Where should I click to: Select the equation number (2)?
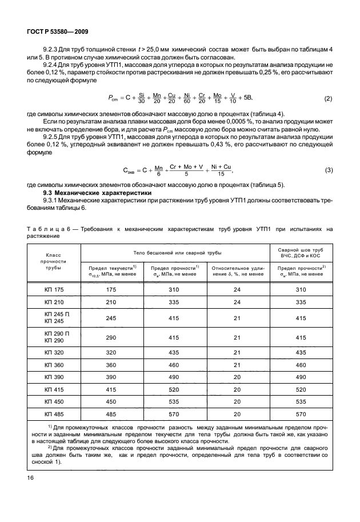pos(328,99)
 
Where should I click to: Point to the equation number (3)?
pos(328,170)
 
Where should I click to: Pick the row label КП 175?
pos(54,290)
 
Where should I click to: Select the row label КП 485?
pos(54,413)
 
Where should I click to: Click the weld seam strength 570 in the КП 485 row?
pos(301,413)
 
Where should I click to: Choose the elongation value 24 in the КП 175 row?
pos(238,290)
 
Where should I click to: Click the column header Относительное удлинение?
pos(238,270)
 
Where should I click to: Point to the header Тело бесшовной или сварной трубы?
pos(174,252)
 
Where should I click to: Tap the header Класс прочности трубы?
pos(54,261)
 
